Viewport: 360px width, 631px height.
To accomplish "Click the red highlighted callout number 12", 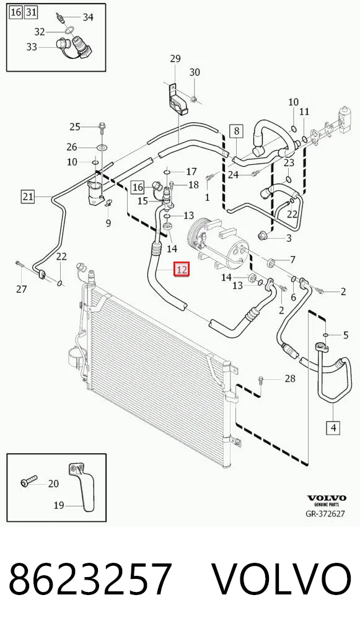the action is click(x=182, y=269).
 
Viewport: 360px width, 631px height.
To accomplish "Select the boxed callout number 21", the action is click(x=28, y=196).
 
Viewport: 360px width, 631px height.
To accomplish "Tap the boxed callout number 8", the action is click(x=237, y=131).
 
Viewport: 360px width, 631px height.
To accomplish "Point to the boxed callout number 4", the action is click(x=333, y=427).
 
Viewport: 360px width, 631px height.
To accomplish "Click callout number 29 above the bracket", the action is click(x=175, y=59).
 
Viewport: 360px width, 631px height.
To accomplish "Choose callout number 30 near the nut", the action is click(x=195, y=72).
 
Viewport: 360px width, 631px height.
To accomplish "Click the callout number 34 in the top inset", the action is click(x=88, y=17).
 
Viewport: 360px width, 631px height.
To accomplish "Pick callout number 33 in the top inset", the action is click(x=32, y=47).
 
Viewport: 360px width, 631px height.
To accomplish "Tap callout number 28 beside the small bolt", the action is click(x=290, y=378).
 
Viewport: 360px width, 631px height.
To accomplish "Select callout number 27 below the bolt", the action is click(x=21, y=289).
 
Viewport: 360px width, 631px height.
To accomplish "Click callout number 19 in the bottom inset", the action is click(x=59, y=505).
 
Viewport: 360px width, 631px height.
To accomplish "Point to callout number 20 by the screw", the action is click(x=53, y=483).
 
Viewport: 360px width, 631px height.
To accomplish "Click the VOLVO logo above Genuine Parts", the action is click(x=327, y=498).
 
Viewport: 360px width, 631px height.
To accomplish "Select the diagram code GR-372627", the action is click(x=325, y=514).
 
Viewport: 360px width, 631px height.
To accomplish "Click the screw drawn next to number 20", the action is click(x=29, y=480).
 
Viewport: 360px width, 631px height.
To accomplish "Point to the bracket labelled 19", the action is click(x=82, y=487).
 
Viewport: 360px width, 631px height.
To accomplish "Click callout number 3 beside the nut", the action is click(x=289, y=238).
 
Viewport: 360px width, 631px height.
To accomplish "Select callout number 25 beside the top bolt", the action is click(x=75, y=127).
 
